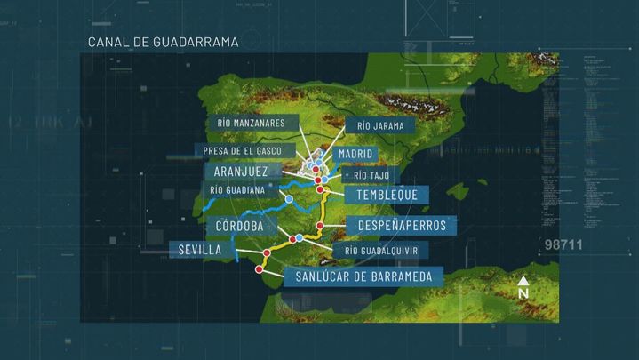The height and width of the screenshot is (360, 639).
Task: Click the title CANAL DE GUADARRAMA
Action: pyautogui.click(x=163, y=42)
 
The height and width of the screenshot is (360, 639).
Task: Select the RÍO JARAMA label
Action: pyautogui.click(x=374, y=126)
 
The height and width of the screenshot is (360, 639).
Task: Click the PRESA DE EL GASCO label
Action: pyautogui.click(x=248, y=150)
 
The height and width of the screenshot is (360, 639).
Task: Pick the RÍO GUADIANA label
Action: pyautogui.click(x=237, y=189)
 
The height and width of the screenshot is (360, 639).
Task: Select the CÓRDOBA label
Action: pyautogui.click(x=234, y=226)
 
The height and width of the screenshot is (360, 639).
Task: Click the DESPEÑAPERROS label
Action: pyautogui.click(x=401, y=226)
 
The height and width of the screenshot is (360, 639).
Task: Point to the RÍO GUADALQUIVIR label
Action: pyautogui.click(x=386, y=252)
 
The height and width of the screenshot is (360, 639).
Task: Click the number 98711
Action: pyautogui.click(x=563, y=244)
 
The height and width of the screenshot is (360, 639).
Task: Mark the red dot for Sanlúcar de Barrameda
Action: pyautogui.click(x=259, y=268)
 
